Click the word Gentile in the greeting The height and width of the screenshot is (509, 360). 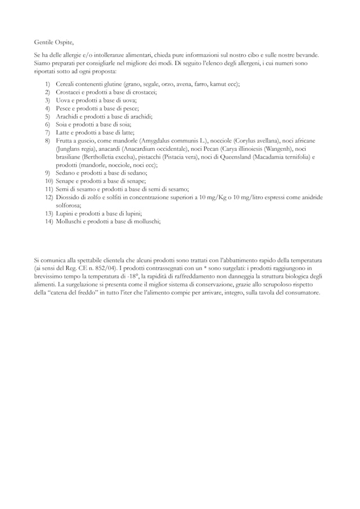click(x=43, y=42)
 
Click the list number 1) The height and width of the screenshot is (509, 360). click(x=48, y=84)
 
